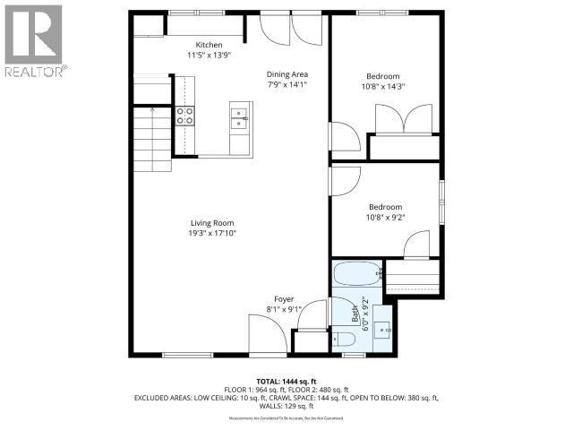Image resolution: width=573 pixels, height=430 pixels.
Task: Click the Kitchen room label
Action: (210, 46)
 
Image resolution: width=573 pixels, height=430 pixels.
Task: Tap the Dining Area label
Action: (286, 74)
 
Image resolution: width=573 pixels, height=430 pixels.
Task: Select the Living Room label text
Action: (212, 223)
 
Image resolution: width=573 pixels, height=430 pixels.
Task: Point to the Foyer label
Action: (284, 298)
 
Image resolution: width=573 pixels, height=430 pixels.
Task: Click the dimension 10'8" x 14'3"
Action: (382, 87)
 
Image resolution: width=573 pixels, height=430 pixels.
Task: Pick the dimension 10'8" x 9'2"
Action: (385, 217)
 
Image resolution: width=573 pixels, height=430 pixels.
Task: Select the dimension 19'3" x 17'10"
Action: (212, 234)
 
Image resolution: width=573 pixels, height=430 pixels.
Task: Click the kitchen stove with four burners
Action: (185, 115)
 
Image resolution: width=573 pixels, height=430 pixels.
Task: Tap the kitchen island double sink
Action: (239, 116)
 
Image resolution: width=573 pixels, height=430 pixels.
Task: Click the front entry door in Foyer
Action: (269, 337)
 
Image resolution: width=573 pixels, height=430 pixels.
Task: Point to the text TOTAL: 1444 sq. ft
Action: (286, 382)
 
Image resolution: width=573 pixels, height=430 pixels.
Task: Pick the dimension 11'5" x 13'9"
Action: (210, 56)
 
